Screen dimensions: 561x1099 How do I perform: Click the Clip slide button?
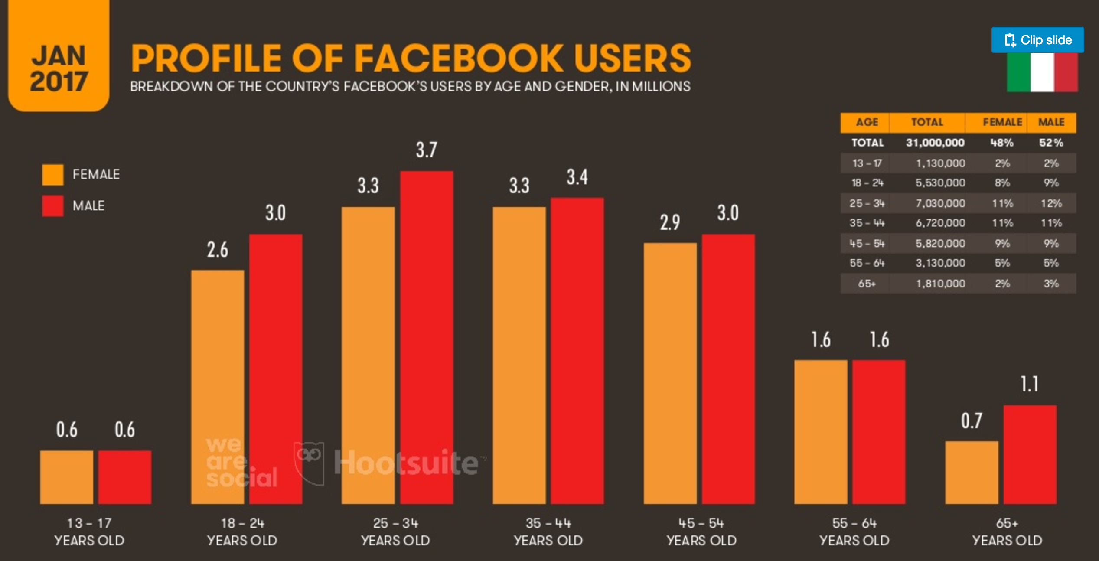click(x=1037, y=40)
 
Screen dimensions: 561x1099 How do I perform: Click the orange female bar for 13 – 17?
click(x=67, y=477)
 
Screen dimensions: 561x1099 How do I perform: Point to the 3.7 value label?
click(x=427, y=150)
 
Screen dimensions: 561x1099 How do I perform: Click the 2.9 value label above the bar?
click(x=670, y=223)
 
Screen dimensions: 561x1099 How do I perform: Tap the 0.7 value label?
click(x=972, y=421)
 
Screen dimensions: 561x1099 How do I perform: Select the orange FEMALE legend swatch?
click(x=53, y=175)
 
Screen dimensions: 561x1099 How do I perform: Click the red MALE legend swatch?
click(x=53, y=206)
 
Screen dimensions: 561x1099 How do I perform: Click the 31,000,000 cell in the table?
click(x=935, y=143)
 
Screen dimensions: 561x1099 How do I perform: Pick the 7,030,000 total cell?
click(x=940, y=203)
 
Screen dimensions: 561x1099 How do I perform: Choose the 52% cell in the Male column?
click(x=1051, y=143)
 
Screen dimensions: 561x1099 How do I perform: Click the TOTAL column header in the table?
click(x=927, y=122)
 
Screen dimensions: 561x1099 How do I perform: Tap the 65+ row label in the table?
click(x=867, y=284)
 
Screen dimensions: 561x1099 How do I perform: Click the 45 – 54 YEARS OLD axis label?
click(x=701, y=532)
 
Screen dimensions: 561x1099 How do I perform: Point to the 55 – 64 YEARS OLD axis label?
click(x=854, y=532)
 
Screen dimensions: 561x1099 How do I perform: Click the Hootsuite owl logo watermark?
click(x=309, y=462)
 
